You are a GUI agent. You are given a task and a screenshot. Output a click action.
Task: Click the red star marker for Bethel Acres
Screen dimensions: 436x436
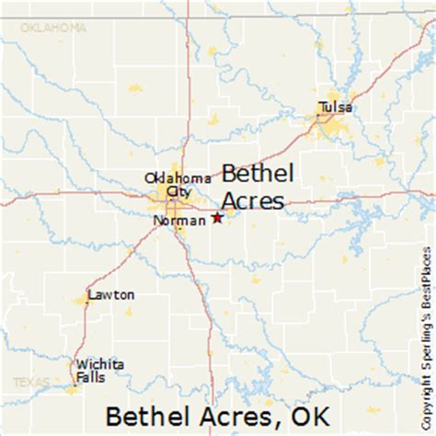tap(217, 218)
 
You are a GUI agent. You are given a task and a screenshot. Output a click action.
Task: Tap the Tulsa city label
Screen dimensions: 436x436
tap(335, 107)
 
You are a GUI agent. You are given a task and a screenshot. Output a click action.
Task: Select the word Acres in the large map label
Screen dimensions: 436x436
tap(253, 200)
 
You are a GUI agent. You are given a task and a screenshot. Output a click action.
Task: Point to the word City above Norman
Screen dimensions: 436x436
tap(177, 191)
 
